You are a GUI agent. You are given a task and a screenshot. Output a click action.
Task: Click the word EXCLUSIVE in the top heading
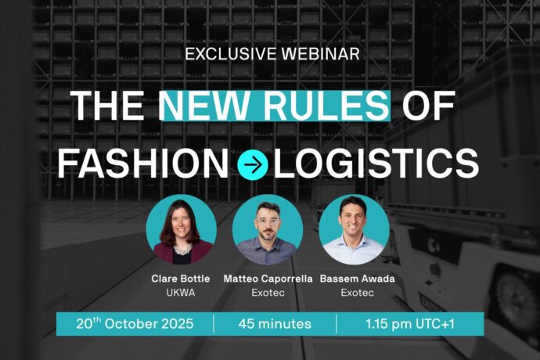click(230, 54)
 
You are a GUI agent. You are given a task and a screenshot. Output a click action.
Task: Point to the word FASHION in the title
click(143, 164)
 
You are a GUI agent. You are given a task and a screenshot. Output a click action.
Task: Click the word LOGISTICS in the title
click(376, 164)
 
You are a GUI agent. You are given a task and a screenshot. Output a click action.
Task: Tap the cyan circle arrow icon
click(253, 165)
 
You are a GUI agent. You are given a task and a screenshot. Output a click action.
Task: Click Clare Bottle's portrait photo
click(181, 229)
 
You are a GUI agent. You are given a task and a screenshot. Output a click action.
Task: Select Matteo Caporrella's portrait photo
click(268, 229)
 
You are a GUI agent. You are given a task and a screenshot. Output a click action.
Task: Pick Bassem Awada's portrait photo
click(354, 229)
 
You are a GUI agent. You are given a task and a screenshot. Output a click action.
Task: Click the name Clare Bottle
click(181, 279)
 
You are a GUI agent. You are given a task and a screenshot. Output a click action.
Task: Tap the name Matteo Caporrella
click(268, 279)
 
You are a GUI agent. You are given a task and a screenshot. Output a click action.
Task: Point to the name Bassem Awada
click(357, 279)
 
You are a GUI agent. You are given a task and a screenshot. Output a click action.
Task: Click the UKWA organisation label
click(181, 293)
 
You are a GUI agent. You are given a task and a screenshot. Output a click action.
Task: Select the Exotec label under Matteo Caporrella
click(268, 293)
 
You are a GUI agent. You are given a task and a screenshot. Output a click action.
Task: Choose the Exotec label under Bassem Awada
click(357, 293)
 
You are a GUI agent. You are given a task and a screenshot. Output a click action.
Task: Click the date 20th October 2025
click(135, 323)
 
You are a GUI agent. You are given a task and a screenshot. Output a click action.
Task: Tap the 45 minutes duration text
click(275, 324)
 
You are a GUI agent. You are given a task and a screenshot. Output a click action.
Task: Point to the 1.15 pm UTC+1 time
click(410, 324)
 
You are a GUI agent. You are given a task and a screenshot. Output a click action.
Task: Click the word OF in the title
click(428, 106)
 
